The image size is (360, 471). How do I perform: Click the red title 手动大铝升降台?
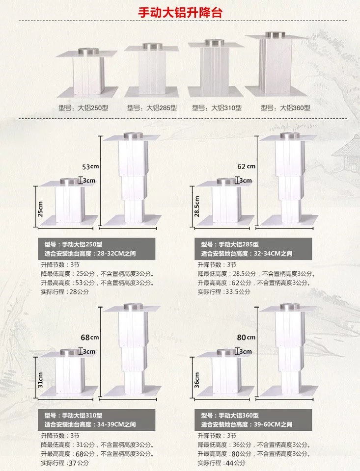coord(179,12)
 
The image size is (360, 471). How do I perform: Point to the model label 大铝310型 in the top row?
coord(217,107)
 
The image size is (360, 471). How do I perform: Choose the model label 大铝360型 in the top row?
coord(286,107)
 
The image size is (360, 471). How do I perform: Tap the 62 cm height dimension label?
coord(247,166)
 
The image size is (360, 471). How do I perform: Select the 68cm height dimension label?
coord(90,337)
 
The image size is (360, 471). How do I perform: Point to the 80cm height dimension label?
coord(247,337)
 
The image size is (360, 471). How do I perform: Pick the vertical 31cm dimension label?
coord(41,379)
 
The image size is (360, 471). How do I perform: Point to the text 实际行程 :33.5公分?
coord(224,291)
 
